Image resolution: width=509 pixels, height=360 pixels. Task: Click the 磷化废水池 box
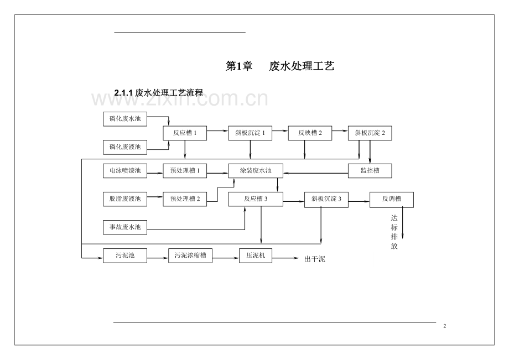click(x=125, y=118)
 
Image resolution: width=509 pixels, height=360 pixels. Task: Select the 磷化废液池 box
click(x=125, y=147)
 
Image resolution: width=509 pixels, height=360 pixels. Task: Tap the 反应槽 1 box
click(x=185, y=133)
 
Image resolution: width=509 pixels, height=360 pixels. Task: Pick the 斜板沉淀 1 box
click(x=250, y=133)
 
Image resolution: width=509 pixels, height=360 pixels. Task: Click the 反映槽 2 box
click(x=310, y=133)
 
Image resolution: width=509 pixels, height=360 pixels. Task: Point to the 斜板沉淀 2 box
click(x=370, y=133)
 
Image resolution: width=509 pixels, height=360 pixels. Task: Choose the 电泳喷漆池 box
click(x=125, y=171)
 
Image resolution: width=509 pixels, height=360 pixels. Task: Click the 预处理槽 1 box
click(x=185, y=171)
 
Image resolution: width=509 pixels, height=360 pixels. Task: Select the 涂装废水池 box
click(x=256, y=171)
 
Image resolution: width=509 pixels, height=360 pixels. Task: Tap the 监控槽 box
click(x=370, y=171)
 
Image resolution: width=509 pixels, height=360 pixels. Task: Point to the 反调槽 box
click(x=391, y=199)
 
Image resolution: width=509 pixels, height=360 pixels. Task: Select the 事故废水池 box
click(x=125, y=227)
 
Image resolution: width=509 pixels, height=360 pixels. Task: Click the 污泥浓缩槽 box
click(x=190, y=255)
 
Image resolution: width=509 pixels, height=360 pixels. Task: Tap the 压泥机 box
click(x=256, y=255)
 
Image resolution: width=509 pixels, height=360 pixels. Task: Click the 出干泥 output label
click(x=315, y=258)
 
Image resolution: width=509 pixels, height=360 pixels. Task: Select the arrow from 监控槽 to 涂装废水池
click(x=315, y=173)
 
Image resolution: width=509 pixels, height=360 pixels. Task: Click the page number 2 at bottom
click(x=445, y=326)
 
